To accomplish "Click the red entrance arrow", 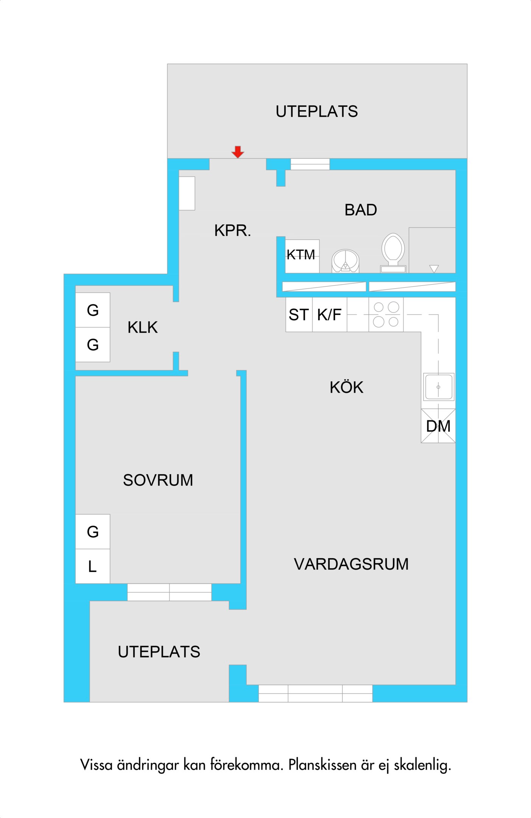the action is coord(238,152).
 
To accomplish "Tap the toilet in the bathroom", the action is coord(393,253).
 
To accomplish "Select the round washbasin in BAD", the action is coord(345,261).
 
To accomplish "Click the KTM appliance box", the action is coord(302,256).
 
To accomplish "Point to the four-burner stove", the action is coord(386,314).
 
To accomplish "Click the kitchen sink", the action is coord(438,387).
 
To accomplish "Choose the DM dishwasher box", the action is coord(438,426).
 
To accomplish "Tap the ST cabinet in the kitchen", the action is coord(299,314).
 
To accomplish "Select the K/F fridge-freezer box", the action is coord(329,314).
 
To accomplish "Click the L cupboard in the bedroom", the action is coord(93,566).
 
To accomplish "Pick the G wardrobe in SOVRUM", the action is coord(93,532).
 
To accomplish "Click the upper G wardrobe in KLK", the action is coord(93,310).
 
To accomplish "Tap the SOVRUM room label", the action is coord(158,480).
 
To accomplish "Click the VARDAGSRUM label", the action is coord(351,564).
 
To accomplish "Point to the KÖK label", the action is coord(346,387).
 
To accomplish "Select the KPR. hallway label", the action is coord(233,231).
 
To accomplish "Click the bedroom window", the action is coord(169,592).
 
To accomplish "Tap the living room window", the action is coord(315,693).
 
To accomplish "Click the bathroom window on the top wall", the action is coord(310,164).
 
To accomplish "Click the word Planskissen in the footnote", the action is coord(322,765).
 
